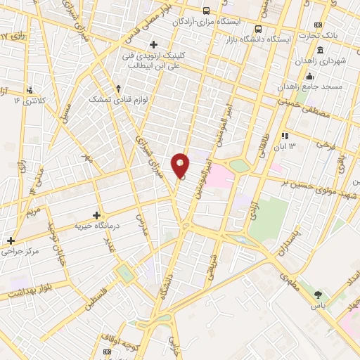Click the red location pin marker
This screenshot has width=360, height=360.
pyautogui.click(x=181, y=165)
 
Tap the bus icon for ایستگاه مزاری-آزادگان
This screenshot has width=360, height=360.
pyautogui.click(x=206, y=11)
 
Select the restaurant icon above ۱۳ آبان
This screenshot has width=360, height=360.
pyautogui.click(x=285, y=136)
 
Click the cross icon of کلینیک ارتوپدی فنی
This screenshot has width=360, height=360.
pyautogui.click(x=153, y=44)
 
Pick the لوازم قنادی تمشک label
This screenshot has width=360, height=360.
pyautogui.click(x=115, y=100)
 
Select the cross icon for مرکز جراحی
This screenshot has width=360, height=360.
pyautogui.click(x=10, y=240)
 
